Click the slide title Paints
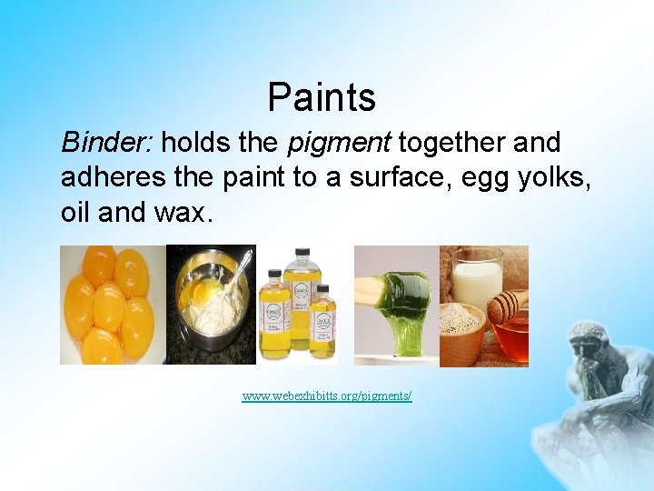point(322,96)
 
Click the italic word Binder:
point(107,143)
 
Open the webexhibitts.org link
point(327,396)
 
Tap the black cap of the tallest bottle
point(299,253)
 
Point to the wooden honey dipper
point(504,307)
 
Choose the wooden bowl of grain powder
point(461,332)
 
